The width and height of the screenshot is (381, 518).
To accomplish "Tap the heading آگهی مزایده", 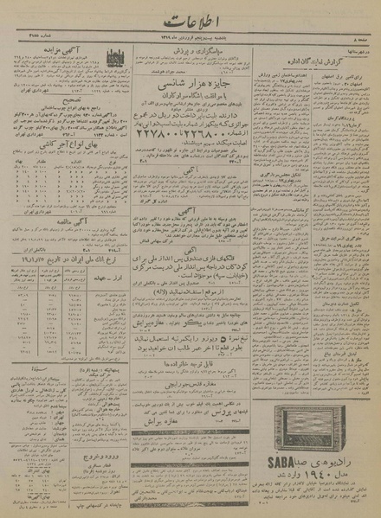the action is coord(59,53).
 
